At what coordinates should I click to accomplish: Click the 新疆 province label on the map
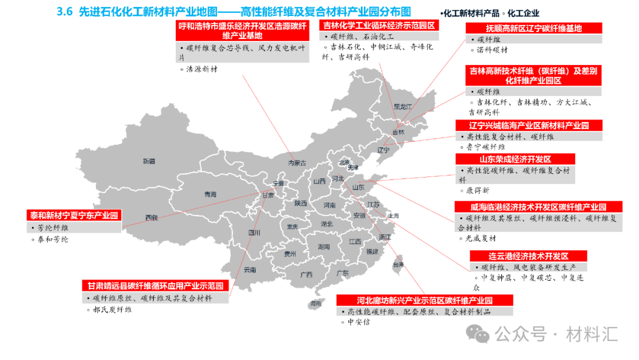tap(149, 161)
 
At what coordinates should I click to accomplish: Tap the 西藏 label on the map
tap(151, 217)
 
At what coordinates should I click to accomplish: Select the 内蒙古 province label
tap(297, 163)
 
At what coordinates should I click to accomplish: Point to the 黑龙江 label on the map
tap(402, 107)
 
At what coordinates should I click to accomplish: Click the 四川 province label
tap(254, 233)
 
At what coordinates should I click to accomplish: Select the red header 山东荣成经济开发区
tap(515, 159)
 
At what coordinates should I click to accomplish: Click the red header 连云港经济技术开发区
tap(528, 256)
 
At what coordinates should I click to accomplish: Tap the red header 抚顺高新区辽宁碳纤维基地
tap(533, 28)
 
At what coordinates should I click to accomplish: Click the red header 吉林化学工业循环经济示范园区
tap(379, 25)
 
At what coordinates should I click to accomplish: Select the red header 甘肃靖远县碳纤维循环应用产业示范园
tap(155, 286)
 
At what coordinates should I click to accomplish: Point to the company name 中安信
tap(358, 322)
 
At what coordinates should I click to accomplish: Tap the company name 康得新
tap(478, 191)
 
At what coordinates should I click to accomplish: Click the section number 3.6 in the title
tap(64, 11)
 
